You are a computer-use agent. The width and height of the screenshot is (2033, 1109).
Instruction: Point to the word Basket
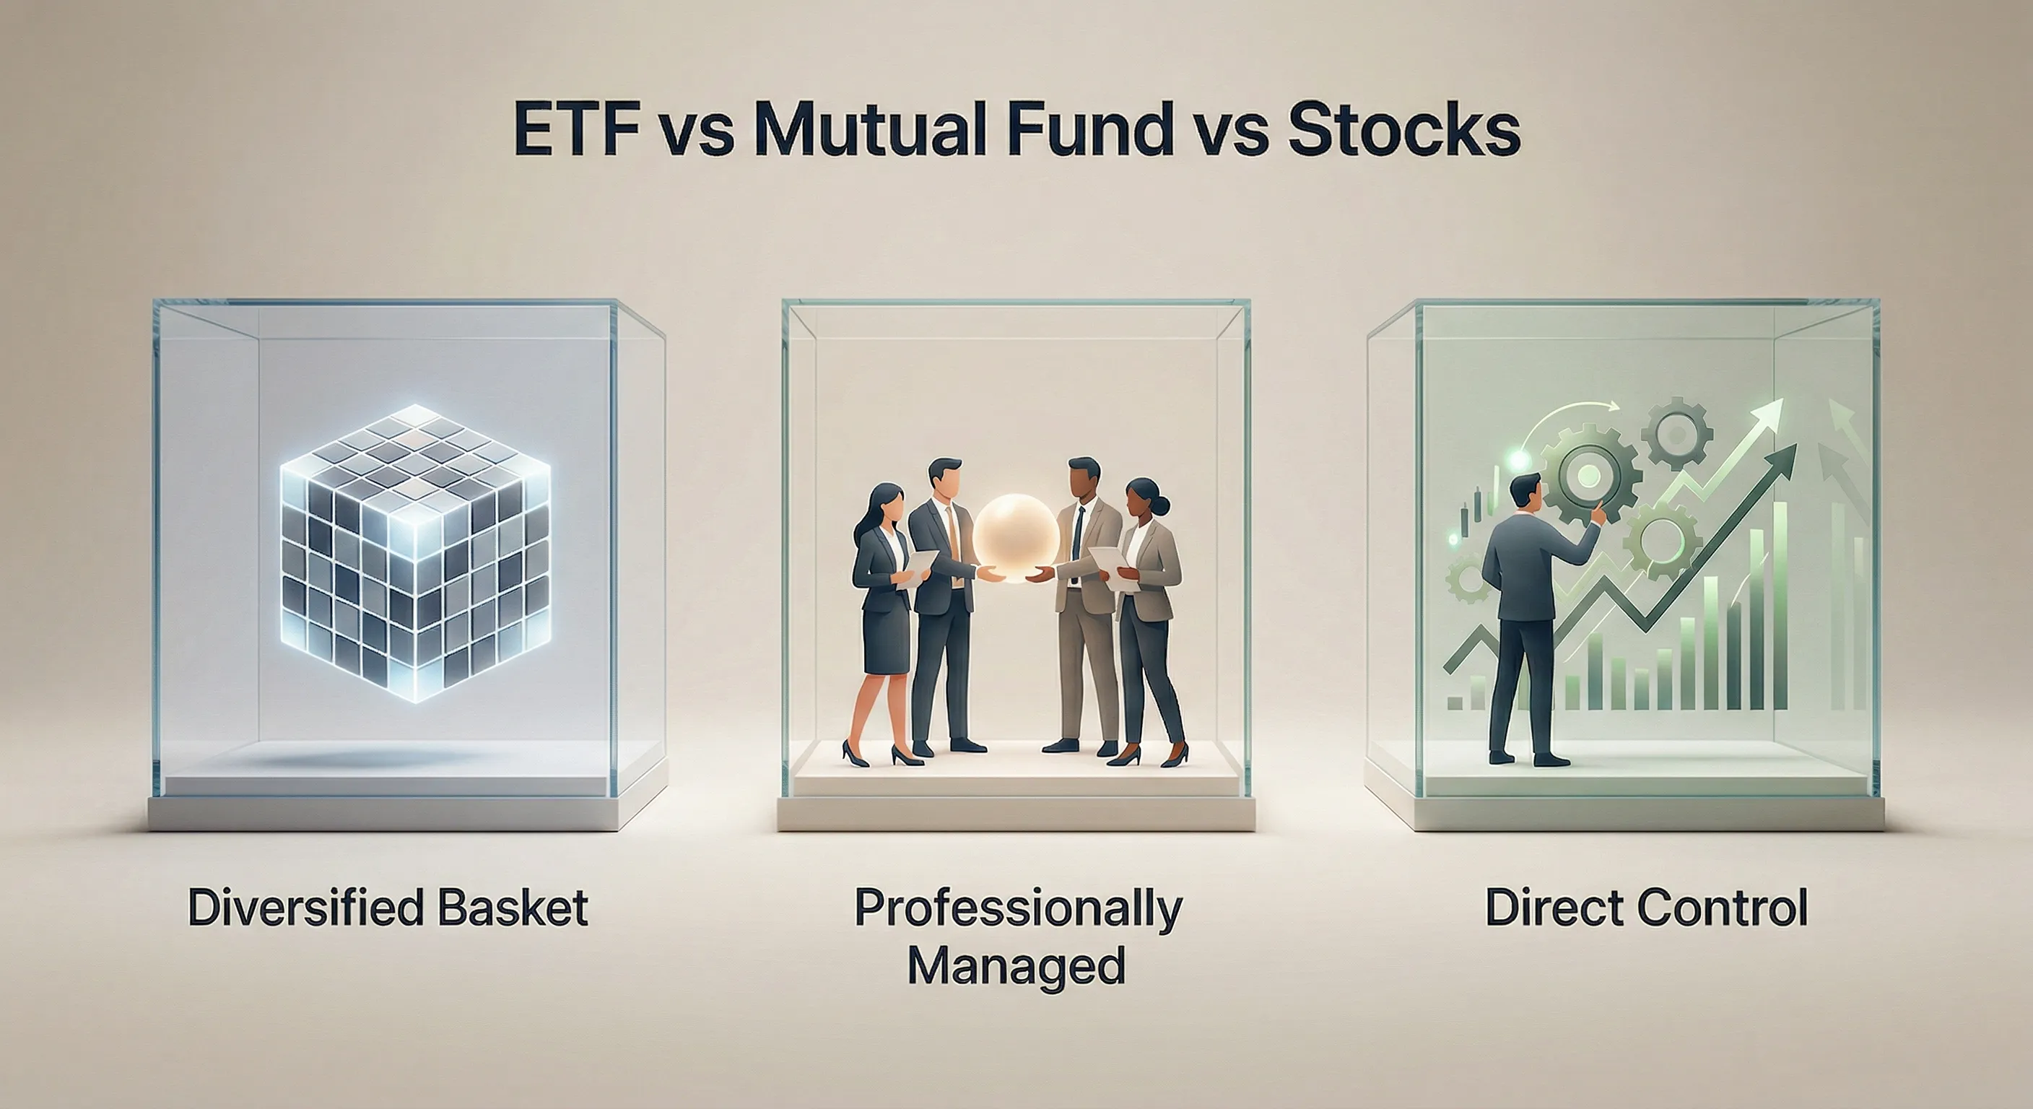coord(513,908)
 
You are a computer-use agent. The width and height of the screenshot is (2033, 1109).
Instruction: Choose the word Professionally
coord(1017,909)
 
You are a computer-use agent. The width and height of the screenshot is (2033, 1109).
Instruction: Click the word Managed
coord(1016,965)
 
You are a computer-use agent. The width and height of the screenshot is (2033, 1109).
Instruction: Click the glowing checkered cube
coord(415,552)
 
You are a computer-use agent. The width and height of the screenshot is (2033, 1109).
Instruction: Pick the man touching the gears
coord(1523,616)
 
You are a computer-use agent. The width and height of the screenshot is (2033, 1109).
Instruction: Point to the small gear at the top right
coord(1676,433)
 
